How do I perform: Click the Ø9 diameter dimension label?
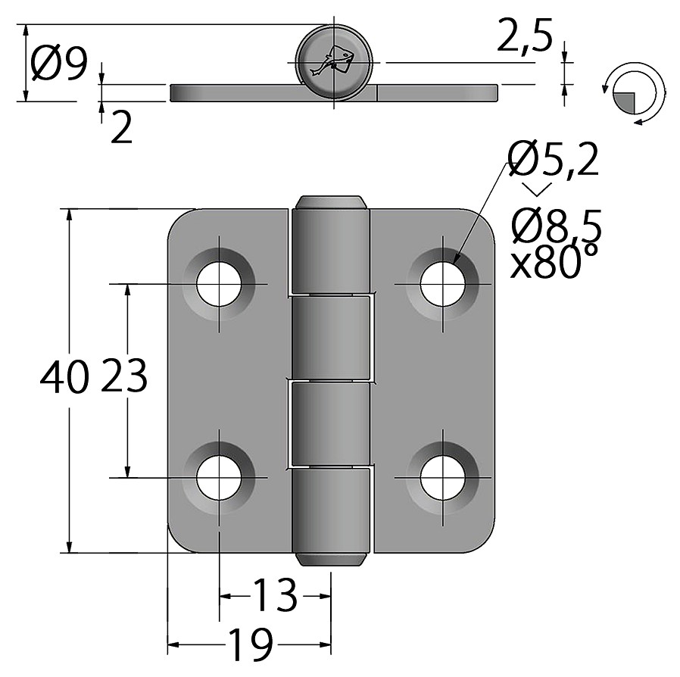(x=59, y=64)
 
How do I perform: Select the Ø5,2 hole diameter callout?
(x=554, y=159)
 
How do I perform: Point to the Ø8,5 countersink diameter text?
(x=557, y=225)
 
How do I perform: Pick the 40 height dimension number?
(x=64, y=376)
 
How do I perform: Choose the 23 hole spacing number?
(x=124, y=376)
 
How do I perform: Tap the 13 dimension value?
(x=276, y=595)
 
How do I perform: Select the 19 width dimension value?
(x=251, y=644)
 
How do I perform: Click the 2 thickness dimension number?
(x=121, y=127)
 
